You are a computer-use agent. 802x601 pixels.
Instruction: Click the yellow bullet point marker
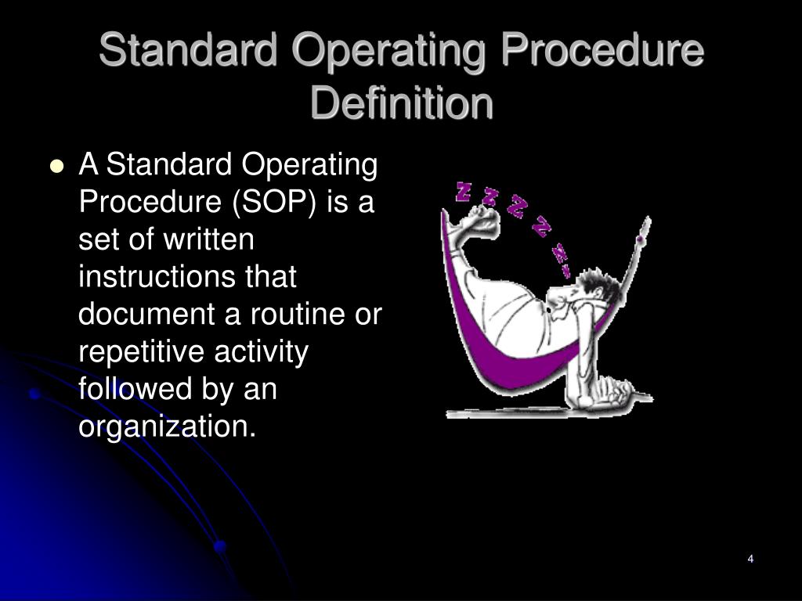click(56, 166)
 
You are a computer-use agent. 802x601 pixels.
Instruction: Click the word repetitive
click(143, 351)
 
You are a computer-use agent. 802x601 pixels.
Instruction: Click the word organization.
click(168, 426)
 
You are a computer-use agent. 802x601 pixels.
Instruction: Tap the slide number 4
click(750, 559)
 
